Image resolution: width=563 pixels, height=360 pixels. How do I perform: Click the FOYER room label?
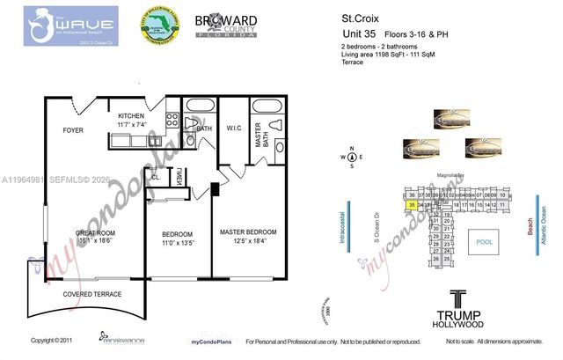tap(72, 130)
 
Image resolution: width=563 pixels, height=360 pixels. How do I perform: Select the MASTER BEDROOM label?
tap(248, 232)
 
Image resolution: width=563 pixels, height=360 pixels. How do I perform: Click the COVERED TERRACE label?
tap(91, 295)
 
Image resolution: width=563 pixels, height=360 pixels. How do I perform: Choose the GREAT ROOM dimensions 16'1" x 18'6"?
tap(88, 241)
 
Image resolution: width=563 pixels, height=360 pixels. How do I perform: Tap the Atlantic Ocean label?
tap(545, 235)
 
